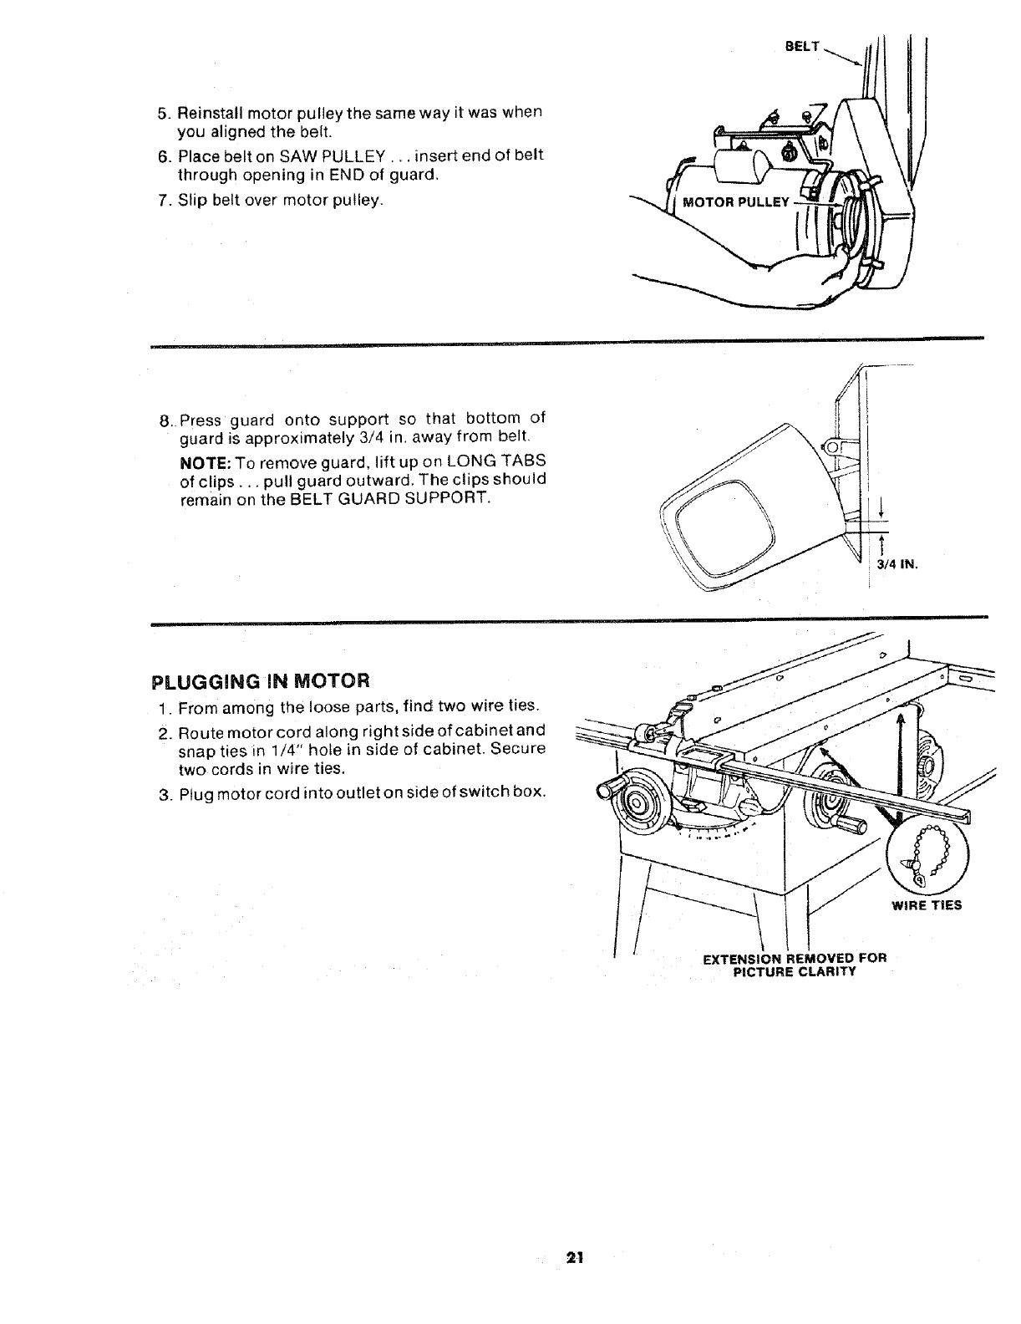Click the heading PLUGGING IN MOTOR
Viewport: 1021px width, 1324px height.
point(260,678)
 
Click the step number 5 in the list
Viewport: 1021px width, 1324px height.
point(163,113)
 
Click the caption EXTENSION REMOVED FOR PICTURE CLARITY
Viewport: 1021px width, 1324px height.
point(794,965)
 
